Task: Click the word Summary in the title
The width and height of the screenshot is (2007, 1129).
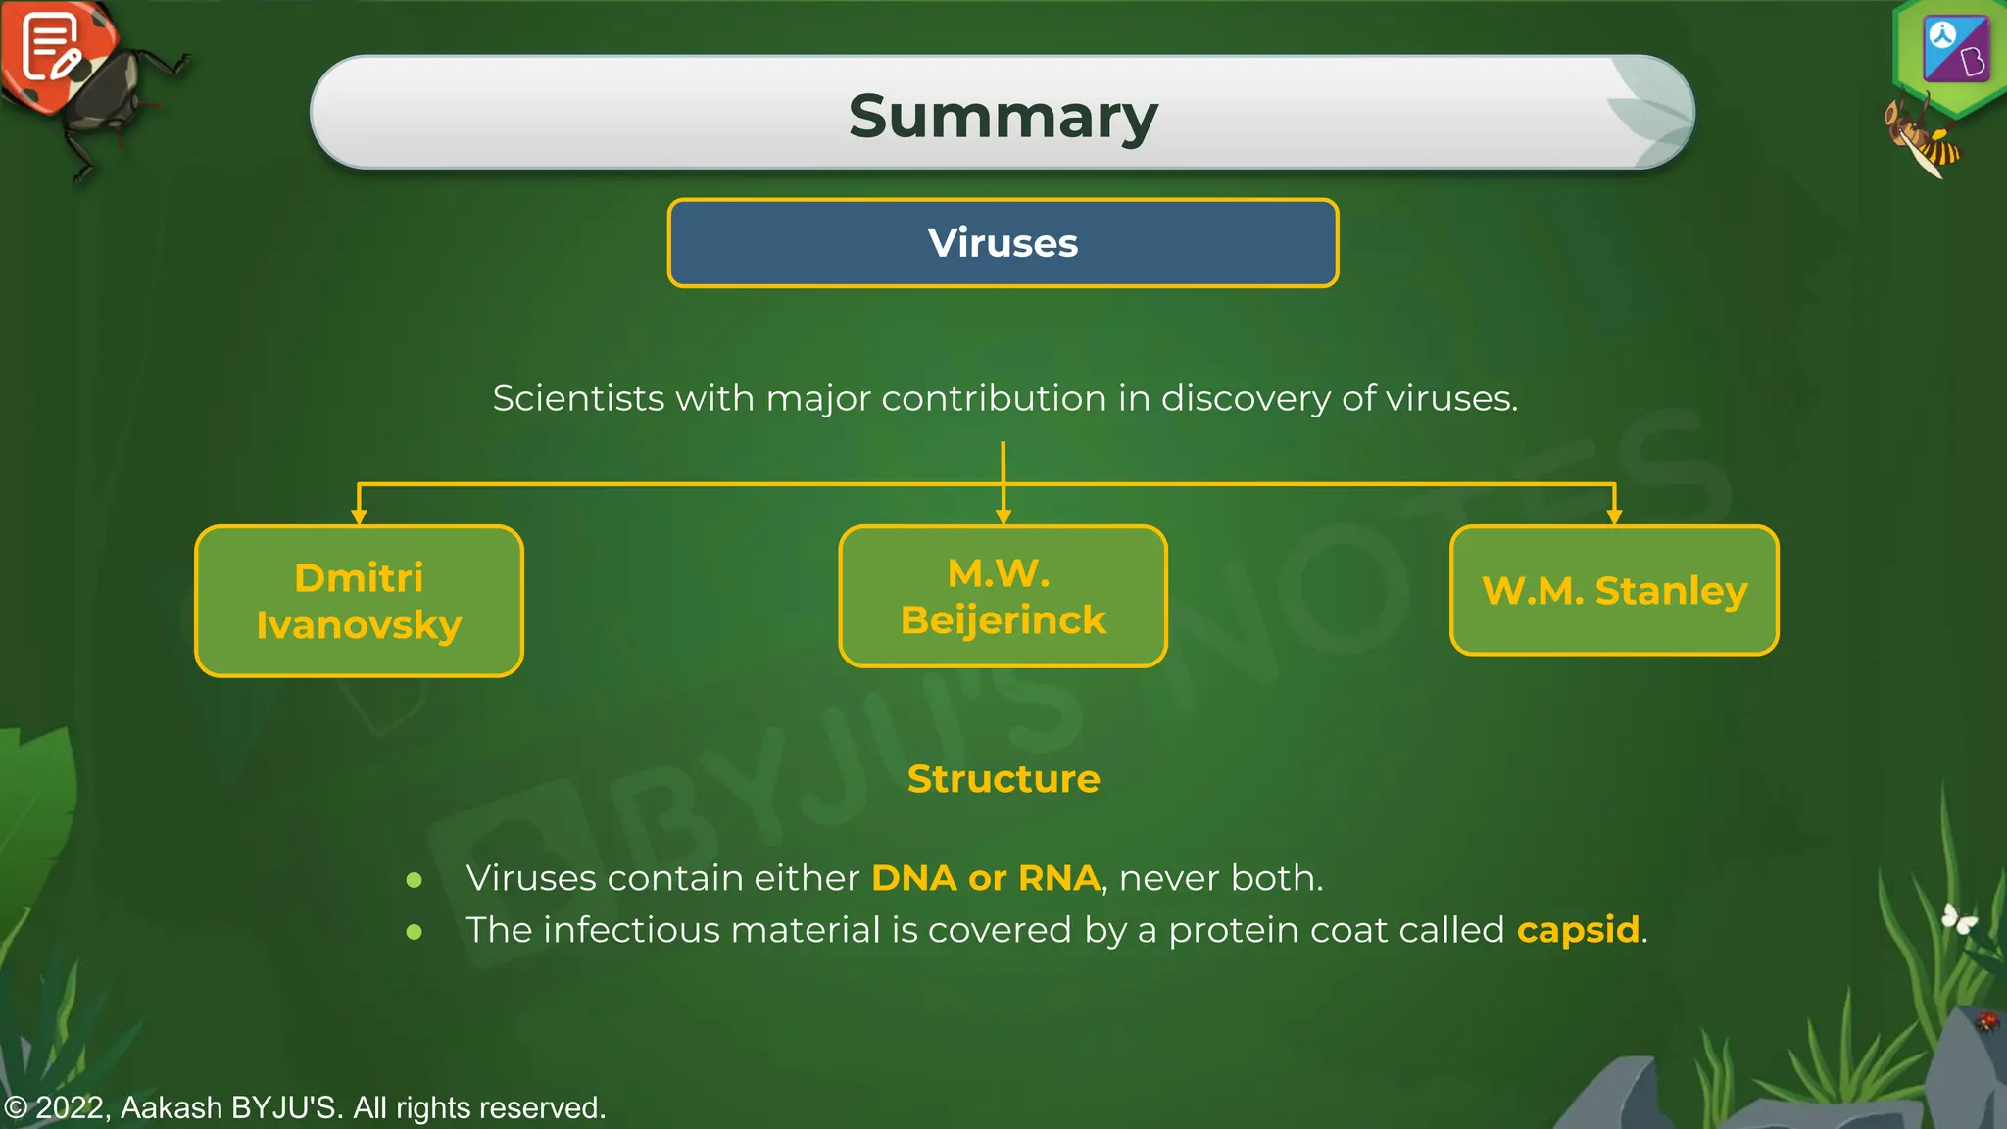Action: coord(1003,117)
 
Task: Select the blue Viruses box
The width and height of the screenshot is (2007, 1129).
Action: coord(1003,243)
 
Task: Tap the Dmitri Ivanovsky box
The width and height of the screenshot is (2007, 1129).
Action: coord(359,601)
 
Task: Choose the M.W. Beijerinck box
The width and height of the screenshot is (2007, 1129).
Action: coord(1003,596)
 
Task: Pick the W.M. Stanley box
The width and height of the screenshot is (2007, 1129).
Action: coord(1614,590)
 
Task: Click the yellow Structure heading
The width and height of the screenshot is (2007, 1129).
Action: coord(1003,779)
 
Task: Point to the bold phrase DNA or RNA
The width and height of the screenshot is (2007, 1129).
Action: coord(985,878)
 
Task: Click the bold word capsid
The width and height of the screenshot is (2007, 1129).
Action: coord(1578,929)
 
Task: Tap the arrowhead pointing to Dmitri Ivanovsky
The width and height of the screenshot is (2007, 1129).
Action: coord(359,515)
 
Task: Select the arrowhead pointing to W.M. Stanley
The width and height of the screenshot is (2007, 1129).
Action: coord(1614,515)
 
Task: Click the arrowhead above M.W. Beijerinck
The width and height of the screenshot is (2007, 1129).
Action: coord(1003,515)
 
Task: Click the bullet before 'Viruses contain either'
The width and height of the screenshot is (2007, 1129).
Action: coord(415,880)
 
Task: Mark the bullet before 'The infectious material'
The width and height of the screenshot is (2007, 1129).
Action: coord(415,932)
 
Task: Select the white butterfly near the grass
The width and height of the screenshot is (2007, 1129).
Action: coord(1958,919)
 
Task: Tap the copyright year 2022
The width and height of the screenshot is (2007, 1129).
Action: coord(71,1107)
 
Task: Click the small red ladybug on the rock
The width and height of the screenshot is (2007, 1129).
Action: coord(1986,1021)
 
